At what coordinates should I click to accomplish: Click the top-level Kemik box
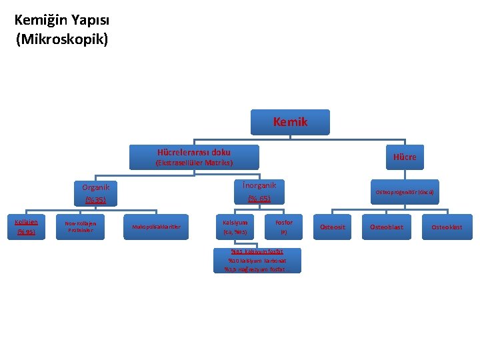click(x=290, y=122)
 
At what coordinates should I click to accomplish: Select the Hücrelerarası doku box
click(x=193, y=157)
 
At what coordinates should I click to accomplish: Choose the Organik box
click(x=95, y=193)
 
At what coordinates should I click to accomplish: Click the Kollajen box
click(x=27, y=227)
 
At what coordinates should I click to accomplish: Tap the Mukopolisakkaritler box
click(x=156, y=227)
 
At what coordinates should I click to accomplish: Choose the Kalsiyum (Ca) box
click(x=235, y=227)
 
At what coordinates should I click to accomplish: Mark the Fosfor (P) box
click(x=283, y=227)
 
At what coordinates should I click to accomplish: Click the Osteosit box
click(x=333, y=227)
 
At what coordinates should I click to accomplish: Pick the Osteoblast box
click(x=387, y=227)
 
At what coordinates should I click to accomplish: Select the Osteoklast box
click(x=446, y=227)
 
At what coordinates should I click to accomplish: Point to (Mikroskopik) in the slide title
click(x=62, y=39)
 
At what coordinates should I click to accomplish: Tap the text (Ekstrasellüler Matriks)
click(x=193, y=163)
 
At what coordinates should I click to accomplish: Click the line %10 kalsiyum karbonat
click(x=257, y=261)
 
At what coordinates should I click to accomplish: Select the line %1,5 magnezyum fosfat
click(x=255, y=269)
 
